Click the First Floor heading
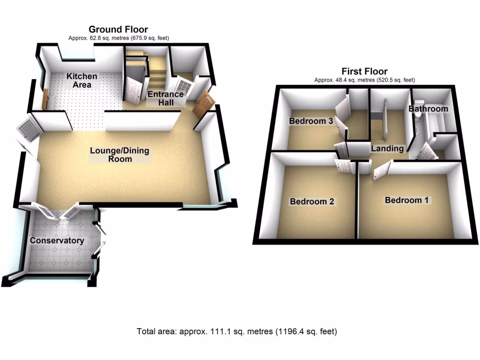(x=364, y=72)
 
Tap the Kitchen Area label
(x=82, y=80)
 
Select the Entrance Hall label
(x=165, y=98)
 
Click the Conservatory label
(x=57, y=240)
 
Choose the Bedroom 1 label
(x=406, y=200)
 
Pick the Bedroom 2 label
(x=312, y=202)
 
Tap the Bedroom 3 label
(x=311, y=121)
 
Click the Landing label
(x=387, y=149)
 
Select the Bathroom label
(x=428, y=109)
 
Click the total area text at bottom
(x=237, y=331)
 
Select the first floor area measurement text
(x=364, y=80)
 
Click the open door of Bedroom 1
(x=382, y=172)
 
